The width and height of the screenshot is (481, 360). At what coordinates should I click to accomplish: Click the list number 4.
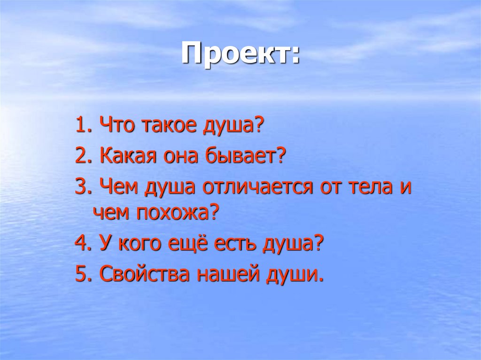80,245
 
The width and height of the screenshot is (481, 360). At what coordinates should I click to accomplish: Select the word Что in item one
114,127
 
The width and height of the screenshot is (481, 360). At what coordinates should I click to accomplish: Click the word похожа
178,214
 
